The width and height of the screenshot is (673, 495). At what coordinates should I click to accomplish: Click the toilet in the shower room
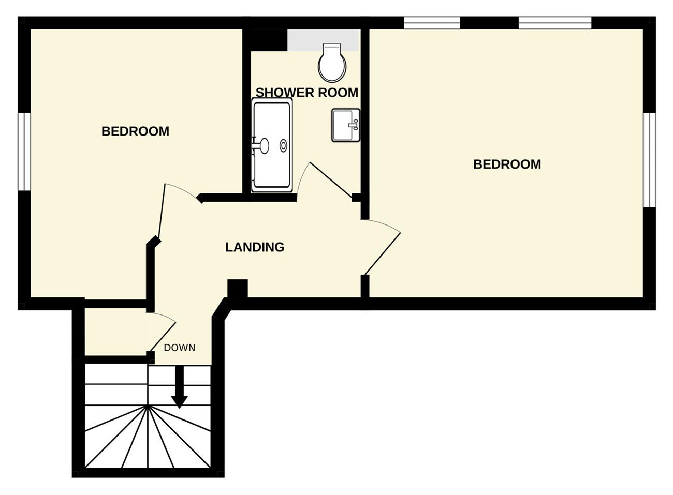coord(332,63)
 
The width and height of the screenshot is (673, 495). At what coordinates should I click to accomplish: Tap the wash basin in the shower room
coord(345,125)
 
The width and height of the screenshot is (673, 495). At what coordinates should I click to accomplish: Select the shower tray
coord(272,145)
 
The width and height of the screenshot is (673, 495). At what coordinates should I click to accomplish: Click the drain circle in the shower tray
coord(283,145)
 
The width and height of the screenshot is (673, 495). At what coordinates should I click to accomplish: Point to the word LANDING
coord(255,247)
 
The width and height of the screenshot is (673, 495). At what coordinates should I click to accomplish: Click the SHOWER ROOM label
coord(307,93)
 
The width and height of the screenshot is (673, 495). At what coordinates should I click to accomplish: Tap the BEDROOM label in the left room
coord(135,131)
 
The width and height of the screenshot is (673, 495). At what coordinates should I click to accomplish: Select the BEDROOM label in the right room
coord(507,164)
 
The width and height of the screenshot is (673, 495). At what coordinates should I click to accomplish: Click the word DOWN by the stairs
coord(179,348)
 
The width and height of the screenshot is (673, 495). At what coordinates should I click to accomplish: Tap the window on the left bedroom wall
coord(24,152)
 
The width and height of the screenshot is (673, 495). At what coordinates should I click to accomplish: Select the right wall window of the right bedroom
coord(649,160)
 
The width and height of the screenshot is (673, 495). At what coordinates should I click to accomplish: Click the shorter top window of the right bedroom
coord(432,23)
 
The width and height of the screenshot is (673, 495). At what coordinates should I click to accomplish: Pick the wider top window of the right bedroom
coord(555,23)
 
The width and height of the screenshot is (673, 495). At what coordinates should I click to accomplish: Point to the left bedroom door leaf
coord(162,210)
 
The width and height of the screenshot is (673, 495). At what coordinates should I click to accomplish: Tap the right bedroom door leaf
coord(383,253)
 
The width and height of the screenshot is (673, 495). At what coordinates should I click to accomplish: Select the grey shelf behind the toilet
coord(323,40)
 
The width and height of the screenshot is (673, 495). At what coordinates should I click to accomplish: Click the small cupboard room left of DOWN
coord(115,332)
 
